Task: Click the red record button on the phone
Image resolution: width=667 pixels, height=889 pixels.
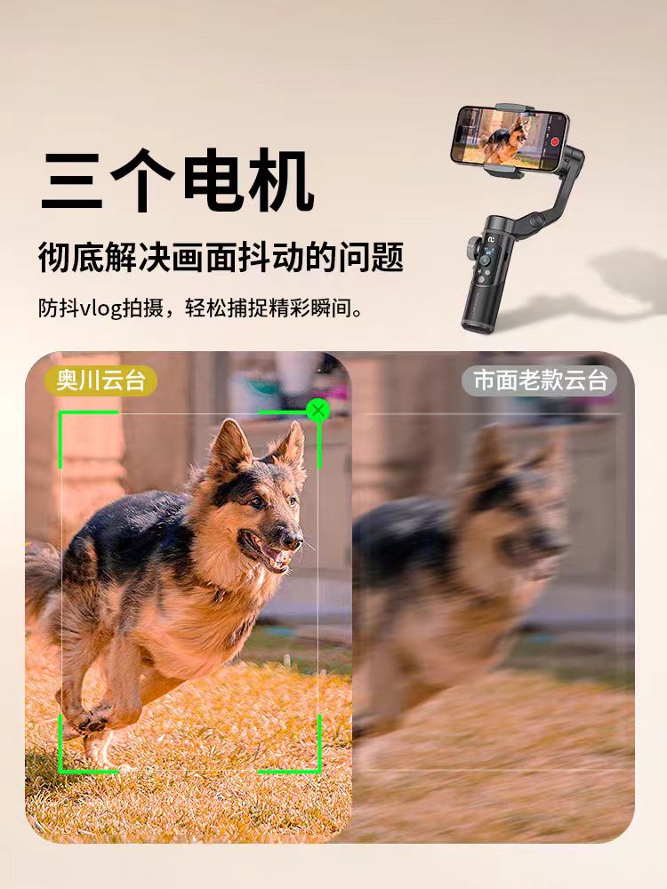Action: (x=555, y=141)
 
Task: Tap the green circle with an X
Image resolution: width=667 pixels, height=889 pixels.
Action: (x=318, y=410)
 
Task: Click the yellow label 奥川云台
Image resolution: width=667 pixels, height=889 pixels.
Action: (x=101, y=380)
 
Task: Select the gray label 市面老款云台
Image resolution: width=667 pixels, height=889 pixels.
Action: (x=540, y=380)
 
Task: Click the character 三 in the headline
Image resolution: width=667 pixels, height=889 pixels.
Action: (x=73, y=180)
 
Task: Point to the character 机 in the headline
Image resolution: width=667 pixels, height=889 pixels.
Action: (x=281, y=180)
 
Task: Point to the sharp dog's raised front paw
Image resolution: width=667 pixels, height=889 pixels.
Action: (x=91, y=722)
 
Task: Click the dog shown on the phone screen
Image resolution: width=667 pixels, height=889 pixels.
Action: (x=505, y=141)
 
